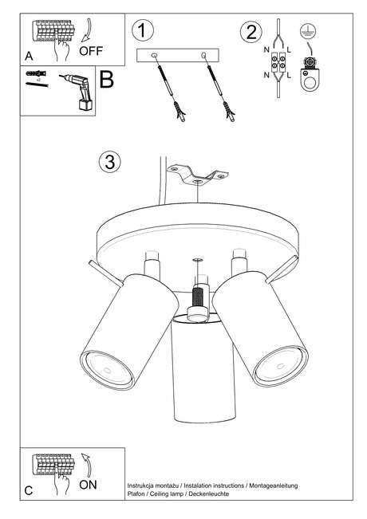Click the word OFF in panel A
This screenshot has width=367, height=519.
[91, 51]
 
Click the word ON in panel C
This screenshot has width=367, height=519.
[88, 485]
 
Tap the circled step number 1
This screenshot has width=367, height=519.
[143, 30]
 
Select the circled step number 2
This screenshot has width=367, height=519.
[251, 32]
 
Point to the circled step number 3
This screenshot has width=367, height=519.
[109, 162]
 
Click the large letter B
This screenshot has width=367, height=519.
[107, 80]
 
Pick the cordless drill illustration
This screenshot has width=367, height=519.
[77, 91]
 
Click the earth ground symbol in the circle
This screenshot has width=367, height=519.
[308, 31]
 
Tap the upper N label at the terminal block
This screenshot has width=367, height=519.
[266, 49]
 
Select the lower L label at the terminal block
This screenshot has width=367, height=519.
[289, 75]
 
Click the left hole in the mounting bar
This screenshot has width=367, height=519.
[154, 55]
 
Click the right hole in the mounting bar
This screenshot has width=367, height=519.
[203, 55]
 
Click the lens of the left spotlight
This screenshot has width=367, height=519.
[107, 370]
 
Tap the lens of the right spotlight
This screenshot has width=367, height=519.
[281, 367]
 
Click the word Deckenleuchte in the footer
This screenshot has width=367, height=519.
[209, 493]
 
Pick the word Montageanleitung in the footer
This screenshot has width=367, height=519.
[274, 486]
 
